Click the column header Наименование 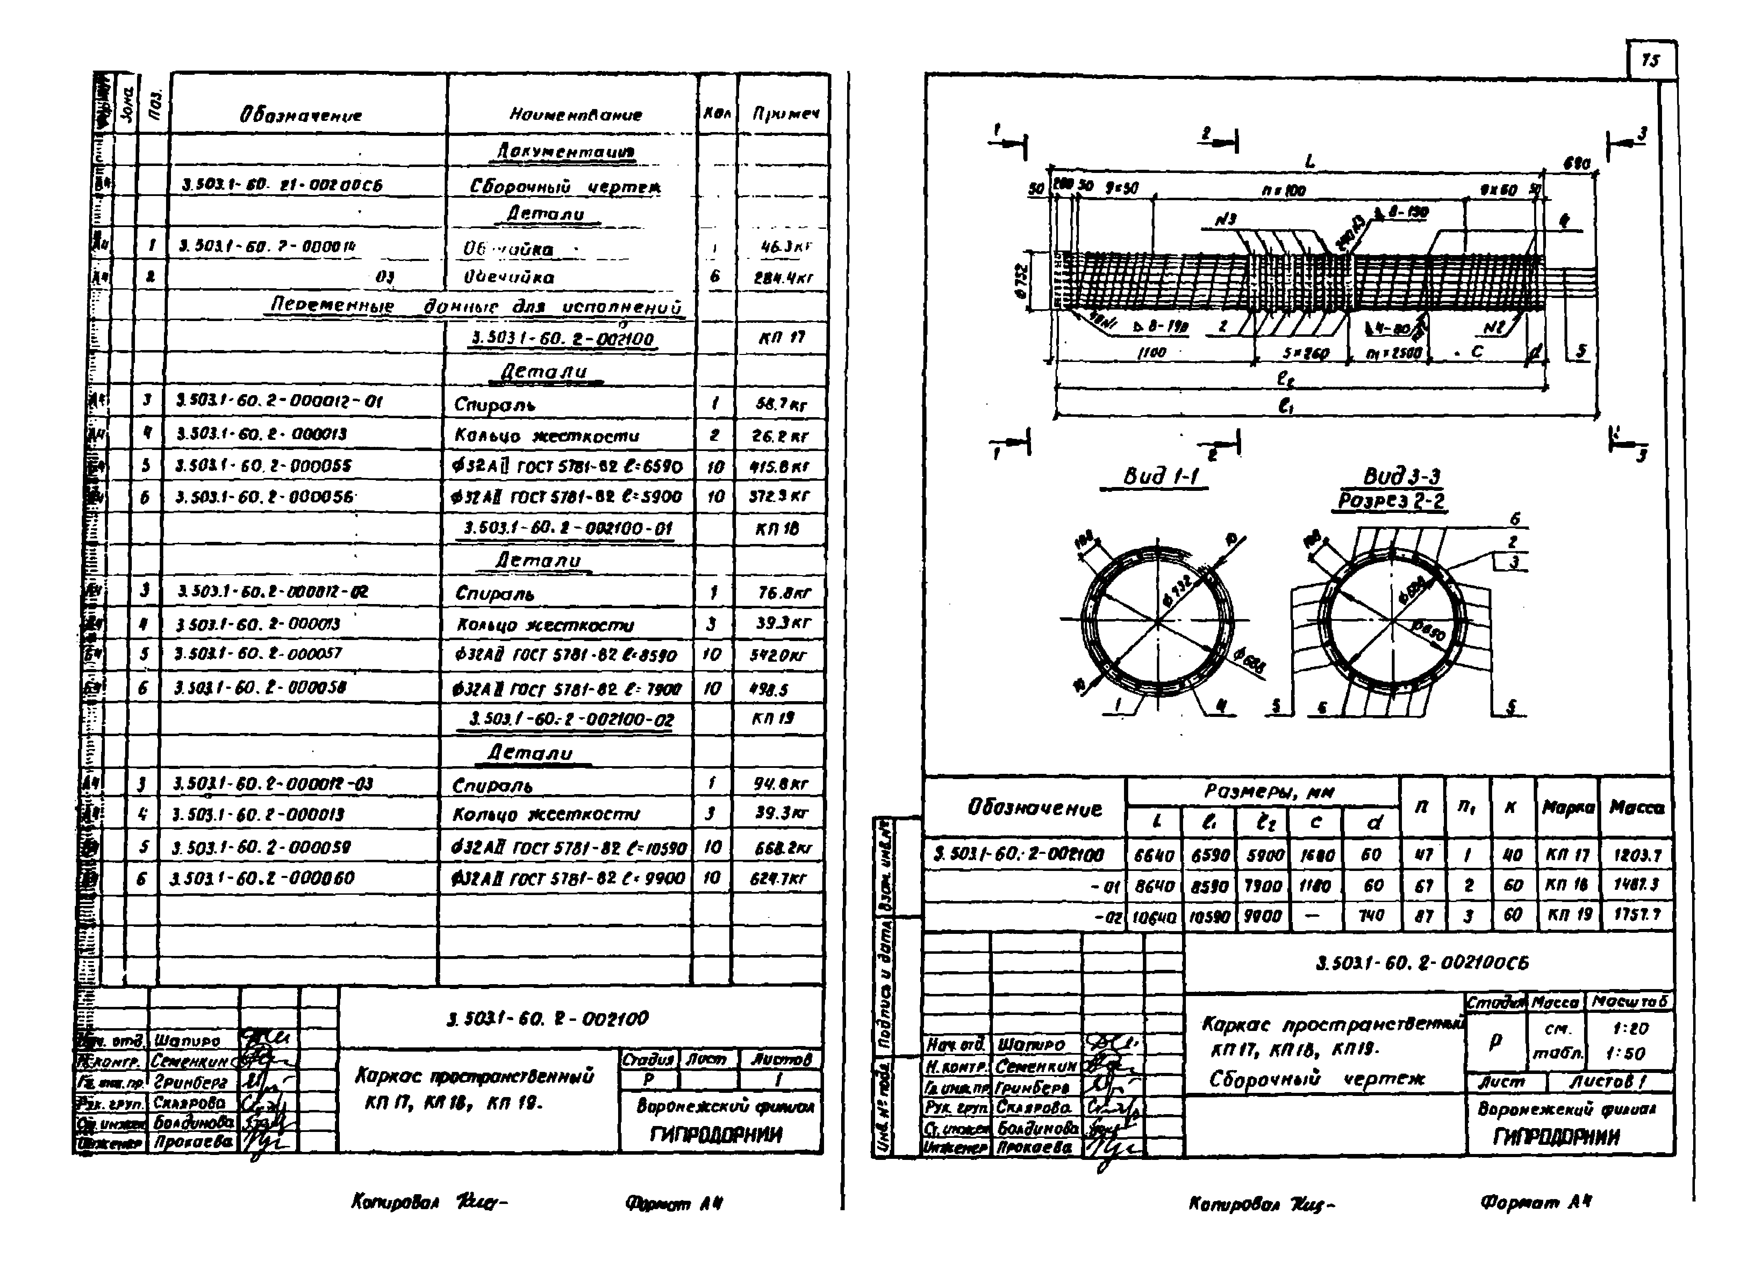575,115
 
